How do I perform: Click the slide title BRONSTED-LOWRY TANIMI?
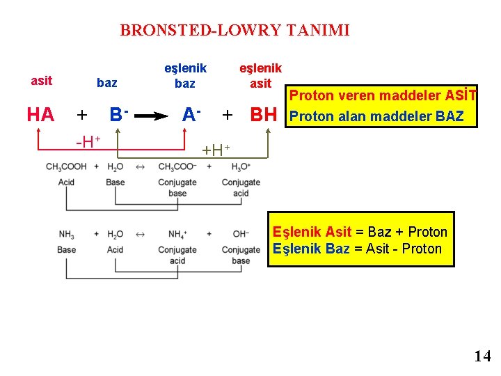[x=234, y=30]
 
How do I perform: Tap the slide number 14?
[x=482, y=356]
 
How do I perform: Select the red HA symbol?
[x=40, y=115]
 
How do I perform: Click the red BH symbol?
[x=264, y=115]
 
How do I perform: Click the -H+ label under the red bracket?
[x=88, y=142]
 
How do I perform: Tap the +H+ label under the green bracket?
[x=215, y=148]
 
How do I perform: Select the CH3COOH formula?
[x=66, y=167]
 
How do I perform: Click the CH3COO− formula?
[x=177, y=167]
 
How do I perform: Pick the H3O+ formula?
[x=240, y=167]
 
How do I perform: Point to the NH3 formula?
[x=66, y=235]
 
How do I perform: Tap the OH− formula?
[x=241, y=235]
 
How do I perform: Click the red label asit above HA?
[x=42, y=81]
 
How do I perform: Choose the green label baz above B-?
[x=106, y=84]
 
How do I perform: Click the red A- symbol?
[x=191, y=113]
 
